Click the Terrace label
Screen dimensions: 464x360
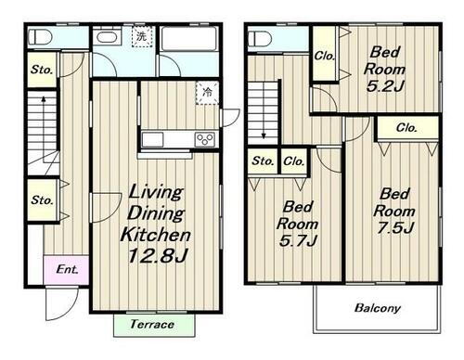152,324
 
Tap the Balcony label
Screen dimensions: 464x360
378,308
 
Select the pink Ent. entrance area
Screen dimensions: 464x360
66,270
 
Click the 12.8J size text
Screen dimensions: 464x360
158,256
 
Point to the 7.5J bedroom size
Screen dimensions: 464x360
395,228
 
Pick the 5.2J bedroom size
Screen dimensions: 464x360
385,86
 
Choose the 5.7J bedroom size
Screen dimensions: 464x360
298,240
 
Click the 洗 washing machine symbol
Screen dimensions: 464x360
142,36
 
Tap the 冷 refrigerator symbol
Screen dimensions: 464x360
208,93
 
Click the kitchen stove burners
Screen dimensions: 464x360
205,139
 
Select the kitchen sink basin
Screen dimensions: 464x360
152,139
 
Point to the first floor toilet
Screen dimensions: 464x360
40,37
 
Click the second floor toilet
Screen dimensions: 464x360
260,39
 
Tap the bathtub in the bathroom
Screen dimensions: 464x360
188,38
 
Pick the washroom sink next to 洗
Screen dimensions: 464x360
107,37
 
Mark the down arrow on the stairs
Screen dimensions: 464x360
264,110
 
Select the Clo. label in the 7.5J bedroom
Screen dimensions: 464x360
406,127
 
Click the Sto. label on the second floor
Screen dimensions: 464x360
263,161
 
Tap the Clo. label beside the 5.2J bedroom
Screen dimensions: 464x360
325,56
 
